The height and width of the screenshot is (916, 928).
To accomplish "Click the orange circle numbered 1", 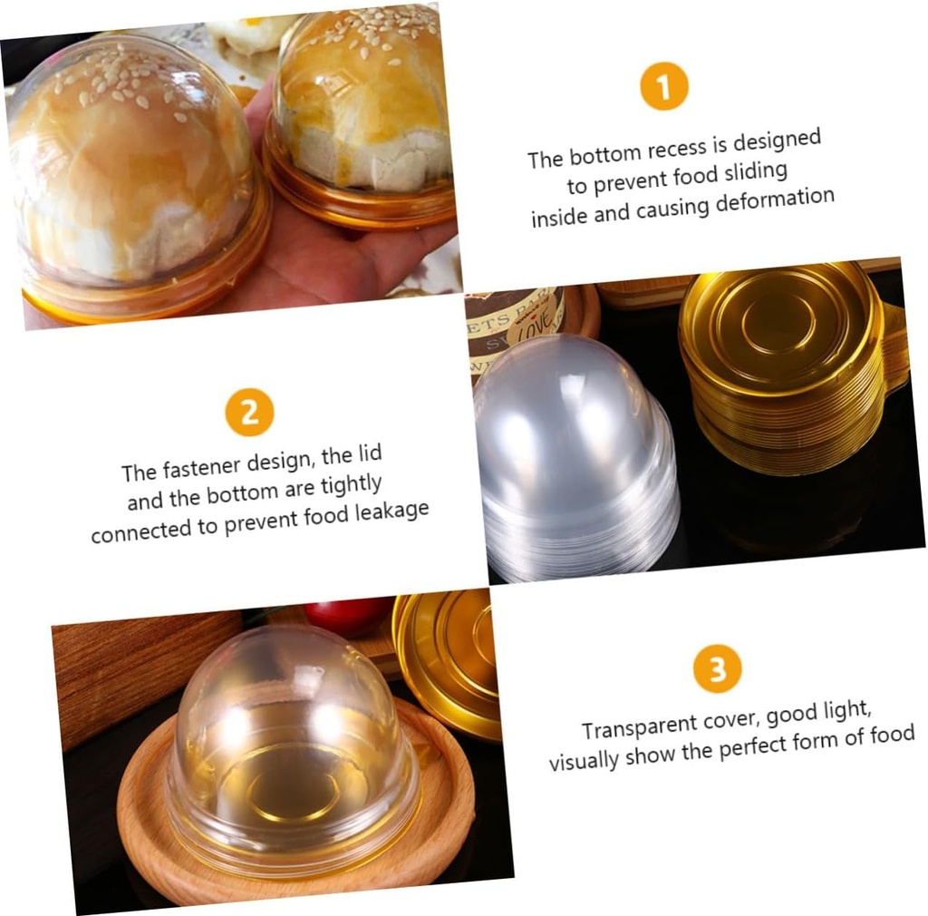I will click(x=663, y=87).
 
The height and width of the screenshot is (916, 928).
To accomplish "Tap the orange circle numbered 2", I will click(x=249, y=412).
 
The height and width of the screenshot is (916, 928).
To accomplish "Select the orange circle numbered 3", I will click(x=717, y=669).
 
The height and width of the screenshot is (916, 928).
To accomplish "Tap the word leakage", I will click(x=387, y=512).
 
